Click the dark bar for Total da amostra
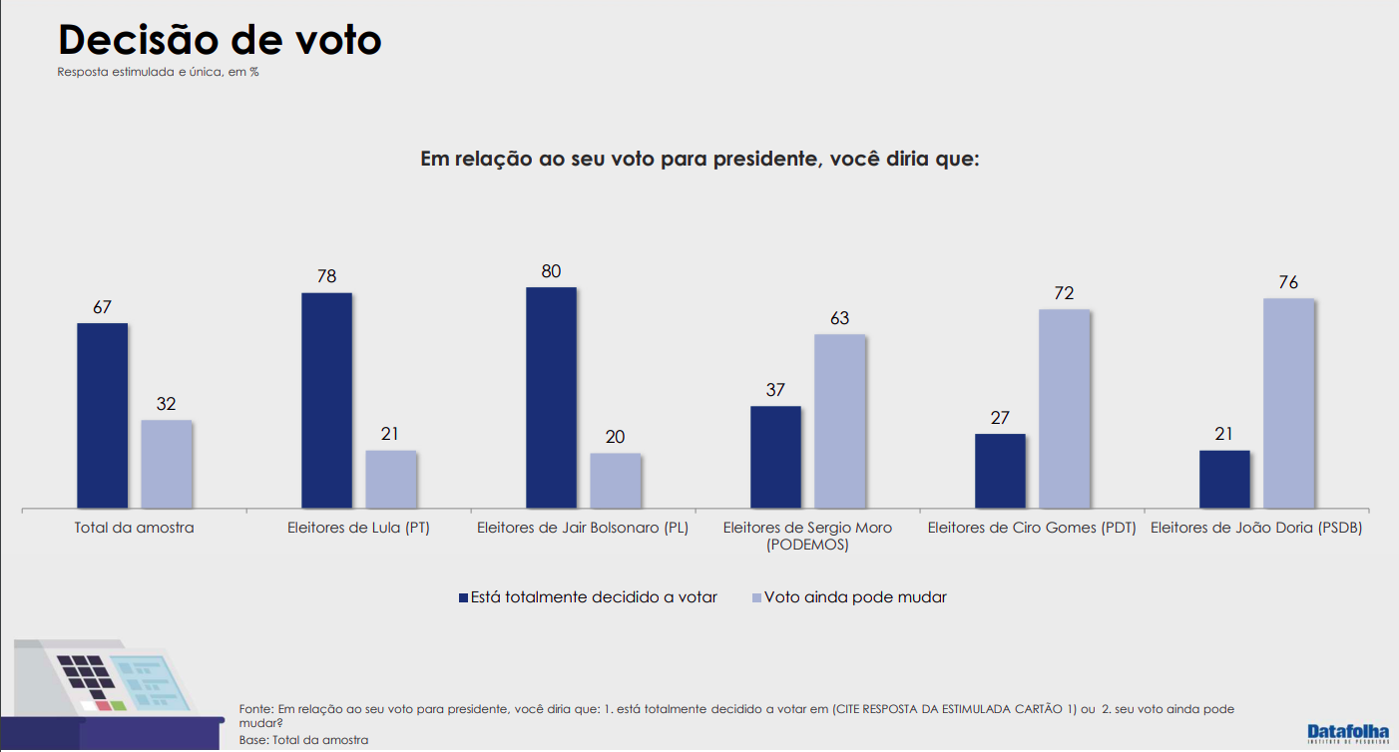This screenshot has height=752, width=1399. click(x=102, y=415)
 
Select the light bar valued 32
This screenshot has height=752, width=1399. click(x=166, y=464)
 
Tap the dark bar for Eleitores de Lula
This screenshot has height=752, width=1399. click(x=326, y=400)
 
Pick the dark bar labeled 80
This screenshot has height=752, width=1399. click(x=551, y=397)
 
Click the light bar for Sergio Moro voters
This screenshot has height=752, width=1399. click(x=839, y=421)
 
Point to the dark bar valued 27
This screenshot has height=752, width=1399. click(x=1000, y=471)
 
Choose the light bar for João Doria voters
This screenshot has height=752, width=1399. click(x=1288, y=403)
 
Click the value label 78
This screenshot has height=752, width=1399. click(x=326, y=276)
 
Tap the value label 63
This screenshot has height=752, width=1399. click(x=839, y=318)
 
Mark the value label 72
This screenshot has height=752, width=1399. click(x=1064, y=293)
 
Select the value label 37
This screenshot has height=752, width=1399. click(x=775, y=390)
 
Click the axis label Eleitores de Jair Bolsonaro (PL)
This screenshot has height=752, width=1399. click(x=583, y=528)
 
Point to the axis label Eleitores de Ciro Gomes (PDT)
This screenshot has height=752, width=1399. click(x=1032, y=528)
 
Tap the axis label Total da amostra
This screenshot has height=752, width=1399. click(x=134, y=528)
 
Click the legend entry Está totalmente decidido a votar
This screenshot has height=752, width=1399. click(x=588, y=597)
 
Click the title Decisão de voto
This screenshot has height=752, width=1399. click(x=220, y=40)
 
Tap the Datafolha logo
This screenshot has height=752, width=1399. click(x=1347, y=733)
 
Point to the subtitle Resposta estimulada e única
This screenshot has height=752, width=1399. click(x=158, y=72)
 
